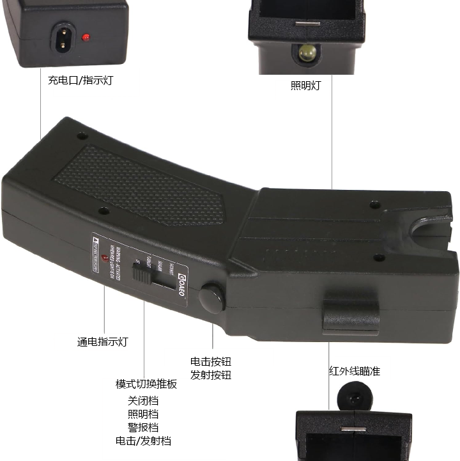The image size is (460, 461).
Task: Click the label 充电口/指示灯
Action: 80,81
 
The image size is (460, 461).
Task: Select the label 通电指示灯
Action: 102,342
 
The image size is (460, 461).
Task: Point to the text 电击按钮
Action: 211,361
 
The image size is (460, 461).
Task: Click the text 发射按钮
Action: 211,375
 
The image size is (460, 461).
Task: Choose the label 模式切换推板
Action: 146,384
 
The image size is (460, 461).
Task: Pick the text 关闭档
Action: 143,402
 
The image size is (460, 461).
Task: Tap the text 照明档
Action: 143,414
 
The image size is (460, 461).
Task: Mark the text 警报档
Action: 143,427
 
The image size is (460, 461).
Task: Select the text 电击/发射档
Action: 143,441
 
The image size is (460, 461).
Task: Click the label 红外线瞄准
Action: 354,371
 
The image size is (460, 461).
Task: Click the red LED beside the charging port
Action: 86,37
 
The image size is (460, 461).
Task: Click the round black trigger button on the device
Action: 211,297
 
